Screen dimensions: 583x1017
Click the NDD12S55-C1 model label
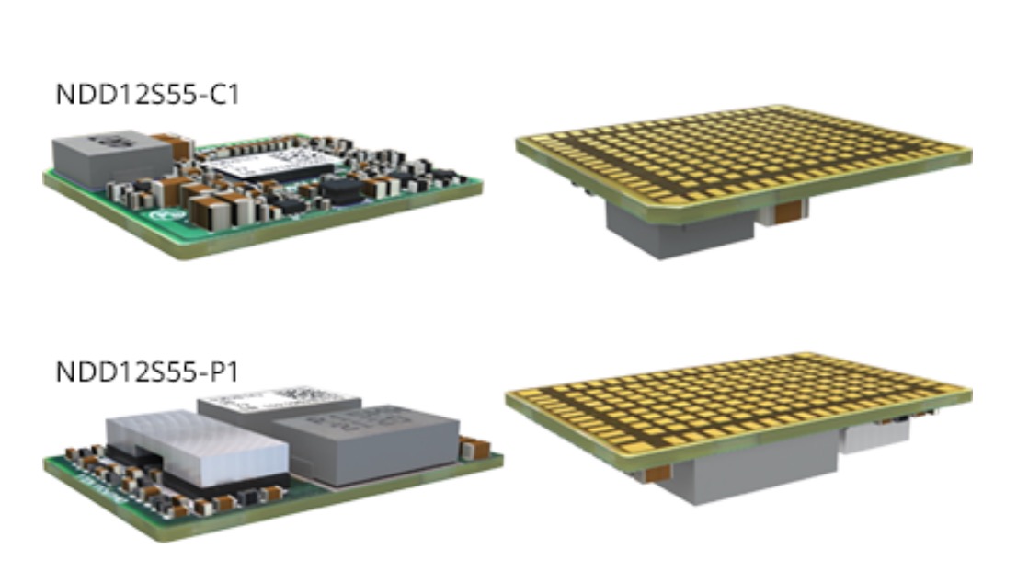pyautogui.click(x=147, y=95)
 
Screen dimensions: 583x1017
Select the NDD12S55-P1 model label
pyautogui.click(x=147, y=372)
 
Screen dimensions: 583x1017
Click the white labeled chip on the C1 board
pyautogui.click(x=263, y=164)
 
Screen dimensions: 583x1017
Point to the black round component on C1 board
pyautogui.click(x=342, y=190)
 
